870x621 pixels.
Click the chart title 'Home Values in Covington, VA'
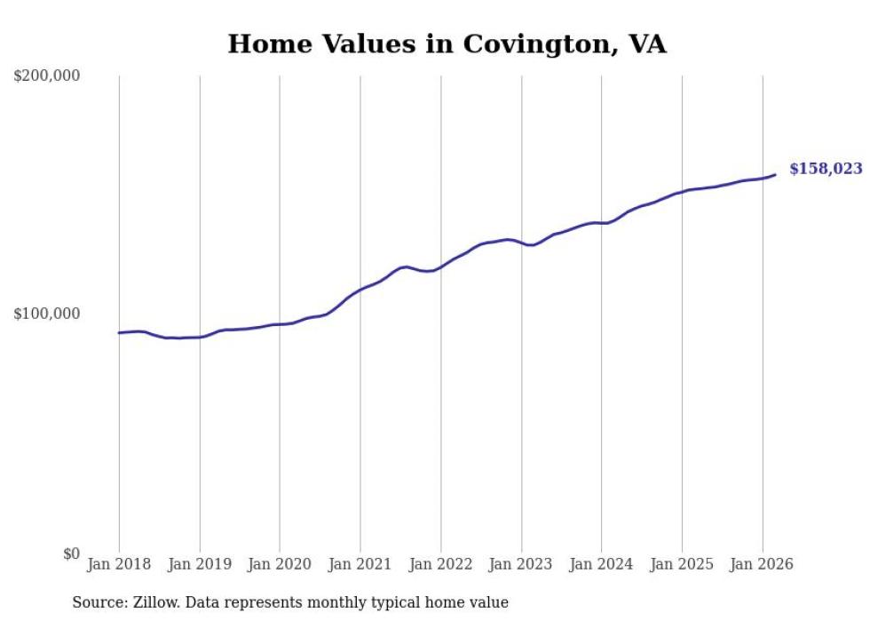point(447,44)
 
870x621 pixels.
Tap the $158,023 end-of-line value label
point(825,169)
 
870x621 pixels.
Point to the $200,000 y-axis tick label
point(46,76)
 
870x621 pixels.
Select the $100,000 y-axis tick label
point(46,314)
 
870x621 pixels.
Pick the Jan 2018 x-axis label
point(119,564)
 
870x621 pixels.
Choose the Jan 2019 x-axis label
point(200,564)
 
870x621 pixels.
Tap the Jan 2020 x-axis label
point(280,564)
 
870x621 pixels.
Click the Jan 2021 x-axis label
point(360,564)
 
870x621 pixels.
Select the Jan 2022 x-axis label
point(440,564)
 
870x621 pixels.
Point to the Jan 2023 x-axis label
point(521,564)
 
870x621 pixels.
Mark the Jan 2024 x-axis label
point(601,564)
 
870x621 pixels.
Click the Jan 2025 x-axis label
point(682,564)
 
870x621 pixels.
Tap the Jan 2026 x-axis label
point(762,564)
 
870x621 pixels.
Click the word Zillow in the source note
point(154,602)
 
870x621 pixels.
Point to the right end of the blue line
point(775,174)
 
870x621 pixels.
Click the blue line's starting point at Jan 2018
point(119,333)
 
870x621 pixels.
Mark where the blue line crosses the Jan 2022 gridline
point(440,266)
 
